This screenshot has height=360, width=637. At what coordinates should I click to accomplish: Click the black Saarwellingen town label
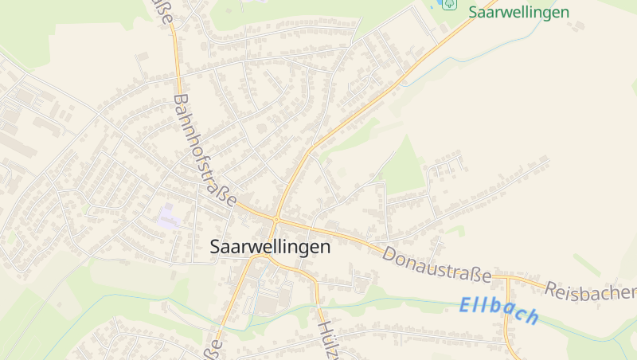click(270, 247)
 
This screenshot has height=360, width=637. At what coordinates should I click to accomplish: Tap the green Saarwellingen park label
click(518, 12)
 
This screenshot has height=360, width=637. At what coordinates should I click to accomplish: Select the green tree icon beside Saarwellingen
click(450, 4)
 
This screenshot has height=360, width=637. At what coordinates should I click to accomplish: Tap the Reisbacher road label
click(591, 292)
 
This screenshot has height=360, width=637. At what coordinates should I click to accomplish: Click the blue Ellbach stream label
click(499, 310)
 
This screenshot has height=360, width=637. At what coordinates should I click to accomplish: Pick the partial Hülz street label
click(328, 341)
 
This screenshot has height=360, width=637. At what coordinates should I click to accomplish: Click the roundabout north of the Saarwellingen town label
click(276, 218)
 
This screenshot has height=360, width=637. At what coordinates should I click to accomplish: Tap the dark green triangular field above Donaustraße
click(407, 169)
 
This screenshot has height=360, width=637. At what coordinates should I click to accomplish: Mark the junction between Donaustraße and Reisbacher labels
click(506, 277)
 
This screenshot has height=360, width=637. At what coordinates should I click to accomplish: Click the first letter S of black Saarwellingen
click(216, 247)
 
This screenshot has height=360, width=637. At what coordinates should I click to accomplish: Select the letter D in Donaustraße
click(389, 255)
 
